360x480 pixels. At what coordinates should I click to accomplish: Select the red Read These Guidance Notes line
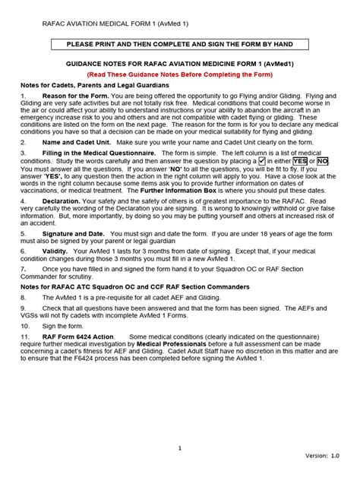pyautogui.click(x=179, y=76)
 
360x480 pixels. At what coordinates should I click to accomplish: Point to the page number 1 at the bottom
pyautogui.click(x=180, y=448)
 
